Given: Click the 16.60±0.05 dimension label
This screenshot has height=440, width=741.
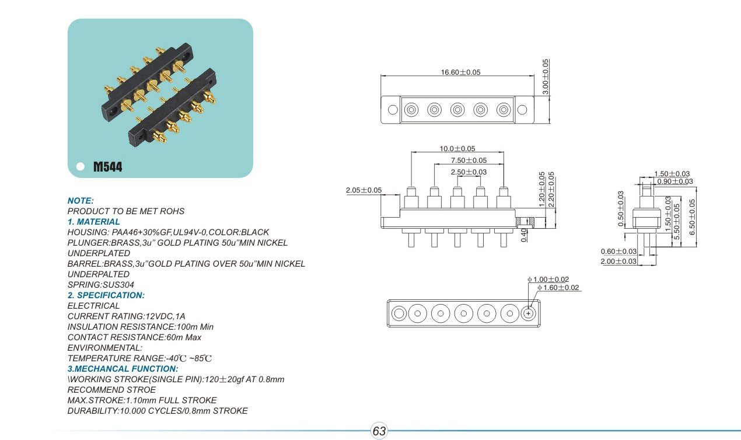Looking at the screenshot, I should (461, 72).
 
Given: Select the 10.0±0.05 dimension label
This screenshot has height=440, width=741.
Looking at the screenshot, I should (457, 149).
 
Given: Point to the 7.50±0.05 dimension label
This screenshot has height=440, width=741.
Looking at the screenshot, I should (469, 160).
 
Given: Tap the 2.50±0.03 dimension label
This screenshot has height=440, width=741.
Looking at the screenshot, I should (469, 172).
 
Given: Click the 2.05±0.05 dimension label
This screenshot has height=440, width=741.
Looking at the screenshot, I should (363, 190).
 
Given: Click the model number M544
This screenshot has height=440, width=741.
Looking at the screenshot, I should (108, 167).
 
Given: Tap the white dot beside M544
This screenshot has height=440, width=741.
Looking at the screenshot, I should (80, 166).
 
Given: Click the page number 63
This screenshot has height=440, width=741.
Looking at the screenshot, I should (379, 431).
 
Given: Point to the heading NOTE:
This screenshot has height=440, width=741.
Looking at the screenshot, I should (81, 201).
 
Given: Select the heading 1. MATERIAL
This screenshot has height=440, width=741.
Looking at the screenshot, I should (94, 222).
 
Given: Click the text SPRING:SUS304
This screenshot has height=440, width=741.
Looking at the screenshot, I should (101, 285).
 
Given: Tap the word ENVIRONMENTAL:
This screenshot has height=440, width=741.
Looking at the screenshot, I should (105, 348).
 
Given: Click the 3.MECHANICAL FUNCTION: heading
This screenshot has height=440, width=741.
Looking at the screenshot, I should (123, 369).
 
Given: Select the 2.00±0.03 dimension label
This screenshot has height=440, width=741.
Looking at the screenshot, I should (618, 261).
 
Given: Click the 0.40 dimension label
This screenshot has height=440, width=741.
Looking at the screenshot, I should (524, 235).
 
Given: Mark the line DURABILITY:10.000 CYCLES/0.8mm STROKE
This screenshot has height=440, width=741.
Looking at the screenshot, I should (158, 411).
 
